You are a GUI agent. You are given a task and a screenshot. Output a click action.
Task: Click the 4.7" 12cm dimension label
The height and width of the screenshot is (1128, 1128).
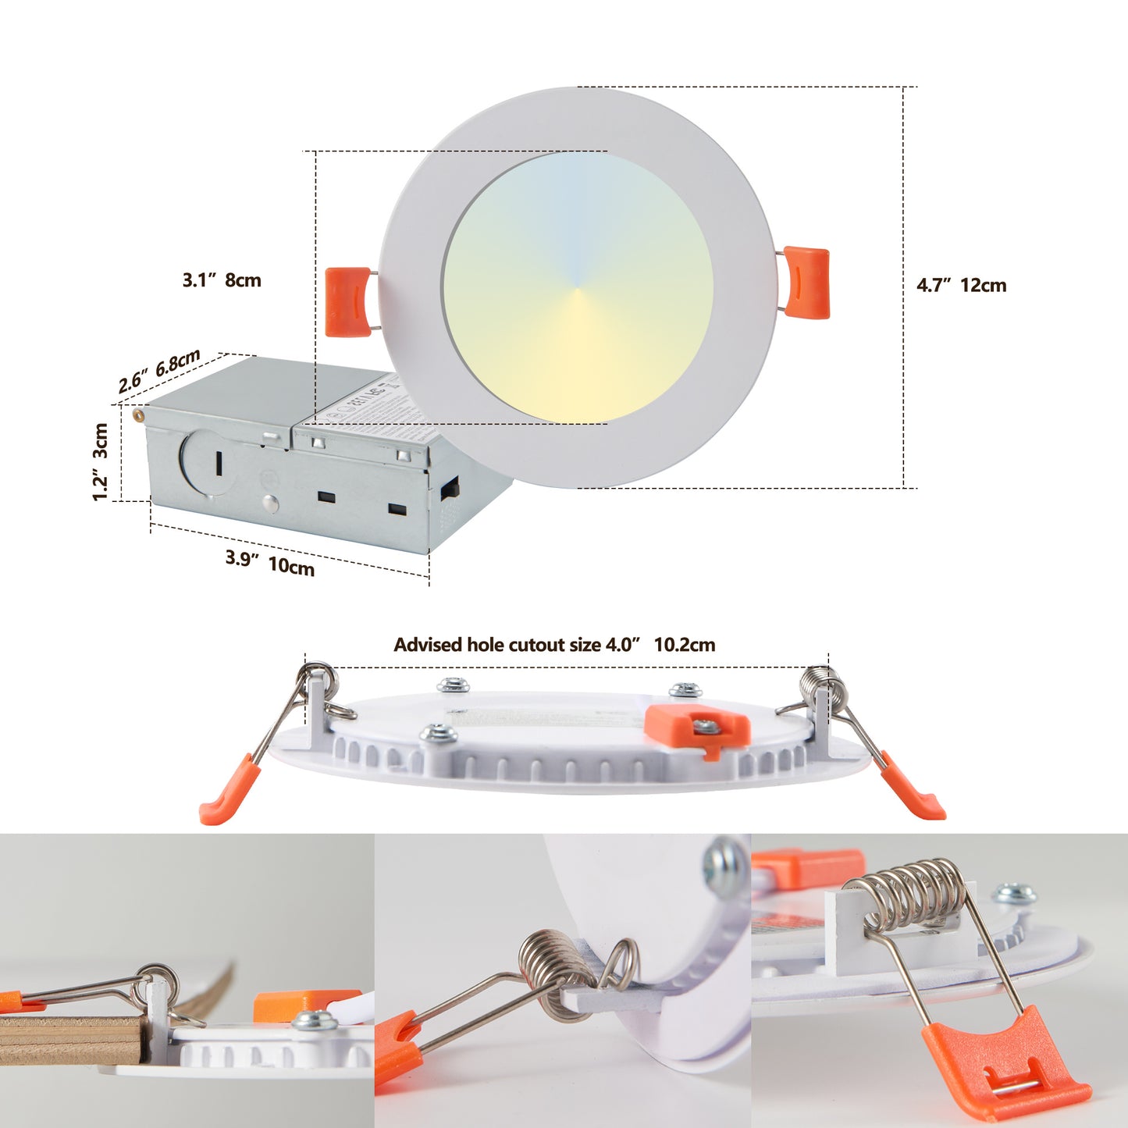click(x=961, y=286)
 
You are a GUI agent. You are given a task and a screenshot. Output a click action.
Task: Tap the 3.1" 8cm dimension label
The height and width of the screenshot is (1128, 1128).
click(x=222, y=280)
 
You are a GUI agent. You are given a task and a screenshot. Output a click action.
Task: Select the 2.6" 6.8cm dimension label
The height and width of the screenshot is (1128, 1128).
click(x=159, y=372)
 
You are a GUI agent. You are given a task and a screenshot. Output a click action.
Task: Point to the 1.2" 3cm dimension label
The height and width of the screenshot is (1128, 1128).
click(x=100, y=462)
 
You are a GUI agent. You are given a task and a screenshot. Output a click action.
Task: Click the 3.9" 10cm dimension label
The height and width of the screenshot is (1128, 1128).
click(x=270, y=562)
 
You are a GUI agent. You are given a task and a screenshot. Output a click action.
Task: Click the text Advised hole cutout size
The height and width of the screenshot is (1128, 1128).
click(x=497, y=645)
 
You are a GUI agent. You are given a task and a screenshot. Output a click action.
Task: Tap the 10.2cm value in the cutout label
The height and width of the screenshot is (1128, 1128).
click(x=684, y=645)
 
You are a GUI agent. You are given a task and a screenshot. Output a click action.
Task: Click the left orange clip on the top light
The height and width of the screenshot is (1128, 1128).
click(x=348, y=301)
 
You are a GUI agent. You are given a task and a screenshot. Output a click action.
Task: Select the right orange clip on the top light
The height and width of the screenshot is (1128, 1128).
click(x=806, y=283)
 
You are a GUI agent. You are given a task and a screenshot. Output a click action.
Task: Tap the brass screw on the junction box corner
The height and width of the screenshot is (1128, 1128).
click(x=138, y=415)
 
